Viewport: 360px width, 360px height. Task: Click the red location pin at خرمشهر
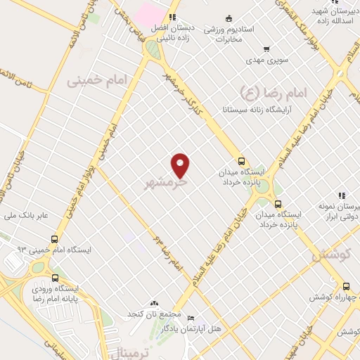(181, 165)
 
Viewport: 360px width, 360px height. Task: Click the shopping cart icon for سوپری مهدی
(266, 49)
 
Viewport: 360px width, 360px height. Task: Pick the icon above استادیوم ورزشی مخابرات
(228, 19)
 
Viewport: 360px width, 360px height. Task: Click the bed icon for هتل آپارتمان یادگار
(190, 318)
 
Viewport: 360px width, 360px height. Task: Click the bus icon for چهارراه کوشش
(345, 286)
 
